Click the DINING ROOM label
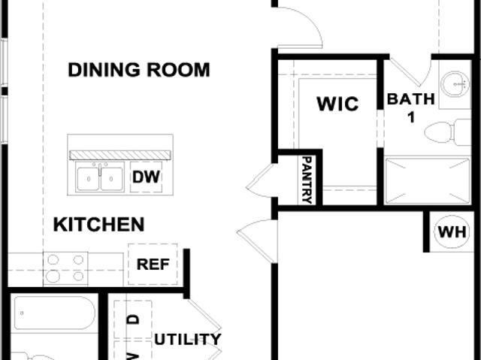tap(139, 70)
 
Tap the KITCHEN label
tap(98, 225)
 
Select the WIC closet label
tap(337, 104)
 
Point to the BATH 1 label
tap(411, 107)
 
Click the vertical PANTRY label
tap(307, 180)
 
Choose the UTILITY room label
tap(187, 340)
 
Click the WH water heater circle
tap(452, 232)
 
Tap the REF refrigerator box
tap(153, 264)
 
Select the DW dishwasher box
tap(146, 177)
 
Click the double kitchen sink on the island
tap(100, 177)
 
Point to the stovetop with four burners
tap(65, 268)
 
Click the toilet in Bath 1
tap(448, 132)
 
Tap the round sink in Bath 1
tap(455, 83)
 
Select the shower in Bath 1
tap(428, 180)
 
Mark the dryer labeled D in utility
tap(133, 319)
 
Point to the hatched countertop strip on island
tap(120, 155)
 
